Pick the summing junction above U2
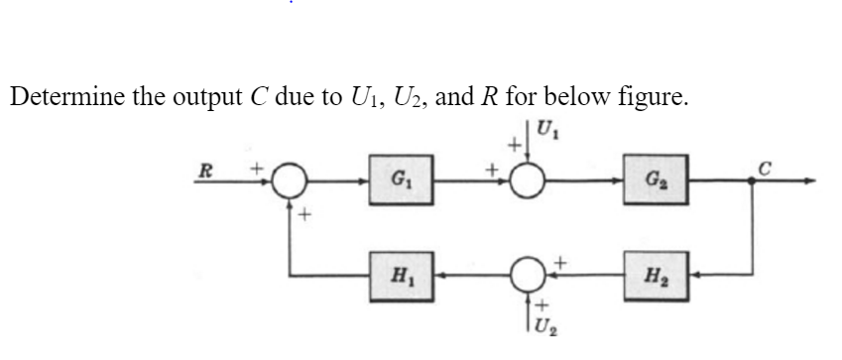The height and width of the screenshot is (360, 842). (530, 272)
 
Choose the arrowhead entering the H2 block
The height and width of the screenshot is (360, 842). (691, 272)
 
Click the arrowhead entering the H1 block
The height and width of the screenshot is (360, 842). (438, 272)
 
